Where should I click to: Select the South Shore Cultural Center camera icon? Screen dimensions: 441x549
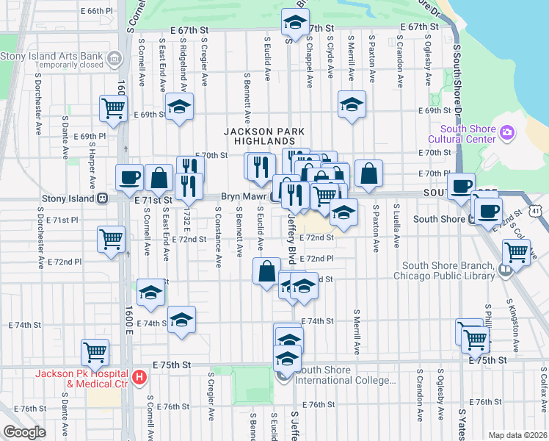pyautogui.click(x=506, y=132)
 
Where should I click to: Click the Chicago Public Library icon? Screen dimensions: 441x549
pyautogui.click(x=504, y=270)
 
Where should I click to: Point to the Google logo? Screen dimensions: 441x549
pyautogui.click(x=23, y=433)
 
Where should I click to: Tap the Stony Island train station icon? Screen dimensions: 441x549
pyautogui.click(x=103, y=198)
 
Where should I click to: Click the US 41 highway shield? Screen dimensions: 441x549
pyautogui.click(x=538, y=212)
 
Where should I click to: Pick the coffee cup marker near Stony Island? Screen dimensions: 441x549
pyautogui.click(x=129, y=177)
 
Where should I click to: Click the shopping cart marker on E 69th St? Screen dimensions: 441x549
pyautogui.click(x=114, y=108)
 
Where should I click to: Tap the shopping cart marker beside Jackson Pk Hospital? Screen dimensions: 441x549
pyautogui.click(x=95, y=351)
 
